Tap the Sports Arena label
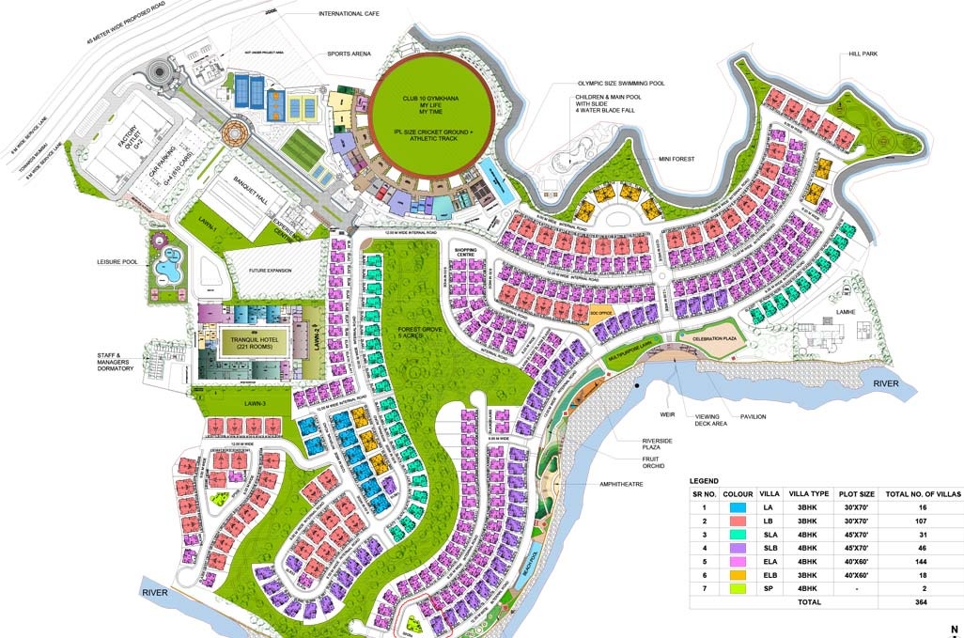coord(349,54)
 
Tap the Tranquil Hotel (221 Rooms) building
coord(253,342)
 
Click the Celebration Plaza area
coord(719,337)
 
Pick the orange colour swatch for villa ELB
coord(738,571)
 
